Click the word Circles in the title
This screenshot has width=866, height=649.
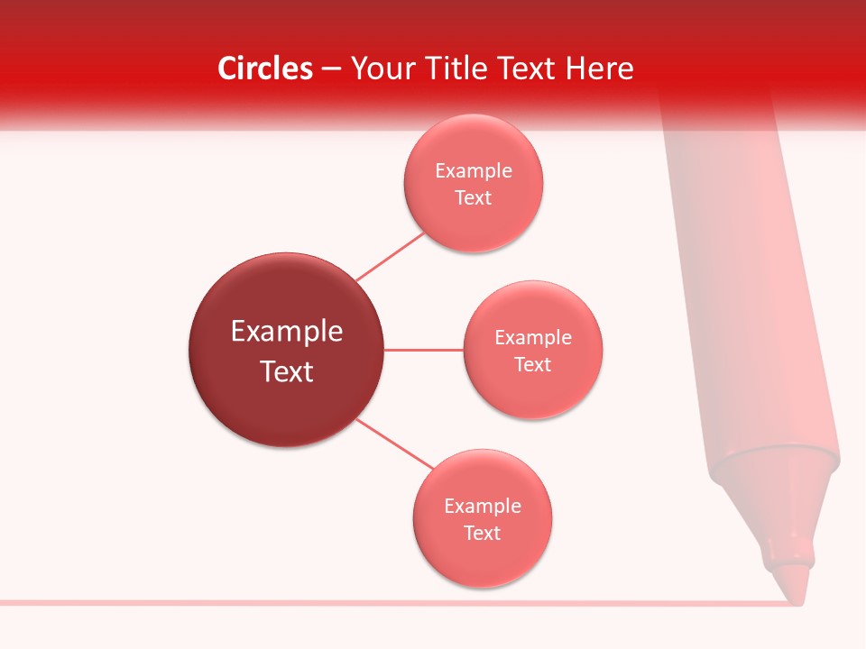264,69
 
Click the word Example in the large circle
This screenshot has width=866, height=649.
286,332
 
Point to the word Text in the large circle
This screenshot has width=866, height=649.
286,371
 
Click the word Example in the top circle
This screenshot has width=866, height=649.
474,171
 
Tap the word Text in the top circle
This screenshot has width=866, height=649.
474,198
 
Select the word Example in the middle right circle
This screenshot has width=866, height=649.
533,338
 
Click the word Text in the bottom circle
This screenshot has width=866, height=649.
483,534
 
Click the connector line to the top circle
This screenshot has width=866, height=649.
391,257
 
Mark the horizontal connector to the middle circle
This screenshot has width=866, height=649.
424,350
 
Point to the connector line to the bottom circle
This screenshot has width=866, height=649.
395,444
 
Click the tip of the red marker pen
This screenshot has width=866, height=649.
795,591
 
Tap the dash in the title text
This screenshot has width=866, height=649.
331,69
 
